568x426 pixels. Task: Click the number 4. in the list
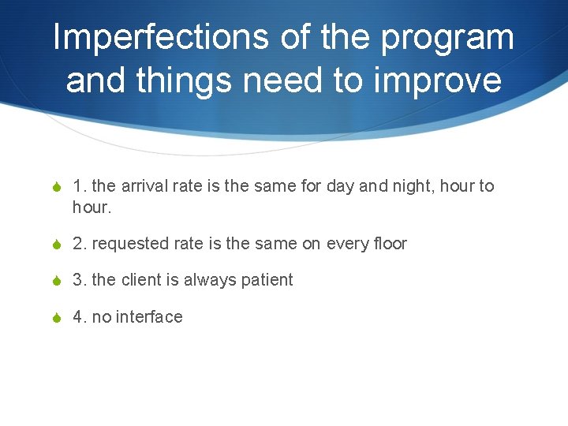pyautogui.click(x=80, y=317)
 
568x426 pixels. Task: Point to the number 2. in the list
pyautogui.click(x=80, y=244)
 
